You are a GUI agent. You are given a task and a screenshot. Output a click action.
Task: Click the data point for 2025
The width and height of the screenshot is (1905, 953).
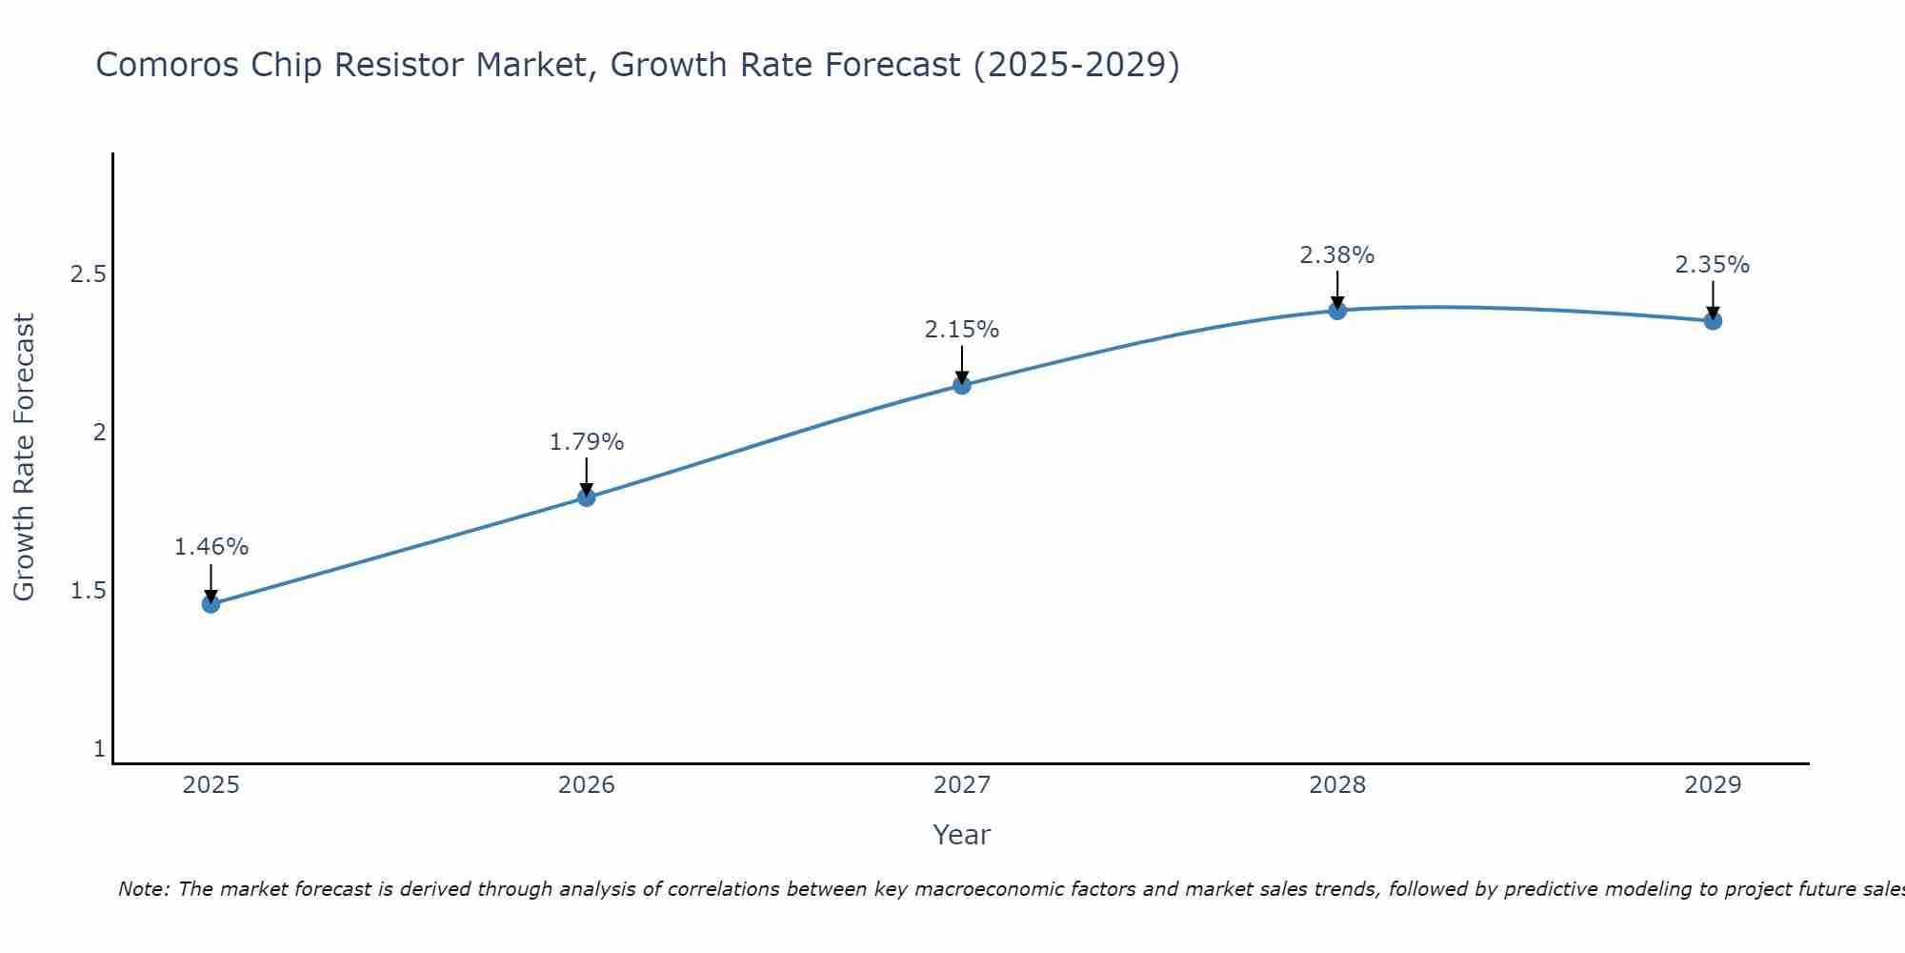211,603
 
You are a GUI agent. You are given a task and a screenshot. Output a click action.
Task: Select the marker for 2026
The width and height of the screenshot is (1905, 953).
586,497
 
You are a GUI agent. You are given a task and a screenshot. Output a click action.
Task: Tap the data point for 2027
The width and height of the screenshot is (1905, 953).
962,385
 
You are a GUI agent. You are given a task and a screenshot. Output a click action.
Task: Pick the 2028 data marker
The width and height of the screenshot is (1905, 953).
1337,310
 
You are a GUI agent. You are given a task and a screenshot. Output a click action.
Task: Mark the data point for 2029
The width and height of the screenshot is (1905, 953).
1713,320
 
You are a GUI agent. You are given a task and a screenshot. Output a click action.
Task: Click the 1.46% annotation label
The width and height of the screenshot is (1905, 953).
211,547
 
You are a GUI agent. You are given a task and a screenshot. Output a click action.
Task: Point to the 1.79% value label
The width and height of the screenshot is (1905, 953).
586,442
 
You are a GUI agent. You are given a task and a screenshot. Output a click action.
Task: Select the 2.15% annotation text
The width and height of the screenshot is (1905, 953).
962,330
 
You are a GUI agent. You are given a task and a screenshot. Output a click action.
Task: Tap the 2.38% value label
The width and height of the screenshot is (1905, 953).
1337,255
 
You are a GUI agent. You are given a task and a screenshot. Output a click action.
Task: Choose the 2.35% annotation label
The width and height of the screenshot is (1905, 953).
1713,265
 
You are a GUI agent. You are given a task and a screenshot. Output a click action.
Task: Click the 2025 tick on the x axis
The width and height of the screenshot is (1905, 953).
211,785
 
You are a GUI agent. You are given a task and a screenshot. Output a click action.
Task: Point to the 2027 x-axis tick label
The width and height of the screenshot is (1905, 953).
962,785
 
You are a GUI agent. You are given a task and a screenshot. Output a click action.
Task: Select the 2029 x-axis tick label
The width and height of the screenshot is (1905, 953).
1713,785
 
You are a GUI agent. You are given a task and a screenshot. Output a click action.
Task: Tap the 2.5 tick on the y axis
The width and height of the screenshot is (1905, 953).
88,274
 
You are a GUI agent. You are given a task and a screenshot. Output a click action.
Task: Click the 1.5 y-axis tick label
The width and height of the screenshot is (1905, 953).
88,591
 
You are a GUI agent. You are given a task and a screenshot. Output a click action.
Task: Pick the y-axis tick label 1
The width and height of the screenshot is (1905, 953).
99,749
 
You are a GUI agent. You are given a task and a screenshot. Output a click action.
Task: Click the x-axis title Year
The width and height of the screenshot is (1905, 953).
962,835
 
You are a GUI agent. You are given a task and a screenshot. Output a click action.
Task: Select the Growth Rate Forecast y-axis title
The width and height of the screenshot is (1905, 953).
24,457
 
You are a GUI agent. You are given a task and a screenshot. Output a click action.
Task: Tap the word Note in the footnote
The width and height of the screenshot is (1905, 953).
143,889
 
